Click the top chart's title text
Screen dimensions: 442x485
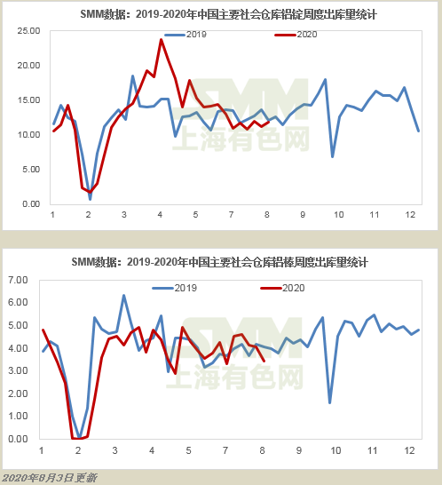228,14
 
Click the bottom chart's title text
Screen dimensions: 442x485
220,262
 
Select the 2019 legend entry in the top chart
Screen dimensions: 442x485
185,35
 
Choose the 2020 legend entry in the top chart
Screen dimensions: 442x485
296,35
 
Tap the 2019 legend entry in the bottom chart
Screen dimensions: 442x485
175,288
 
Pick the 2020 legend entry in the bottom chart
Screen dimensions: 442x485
282,288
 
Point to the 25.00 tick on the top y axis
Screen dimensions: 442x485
28,31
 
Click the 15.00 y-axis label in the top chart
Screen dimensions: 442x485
28,100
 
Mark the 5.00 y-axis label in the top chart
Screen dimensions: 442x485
31,170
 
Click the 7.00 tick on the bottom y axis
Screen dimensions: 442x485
18,280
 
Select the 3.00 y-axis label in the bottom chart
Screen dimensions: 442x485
18,370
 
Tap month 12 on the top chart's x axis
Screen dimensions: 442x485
410,215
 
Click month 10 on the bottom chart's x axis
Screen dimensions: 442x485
335,450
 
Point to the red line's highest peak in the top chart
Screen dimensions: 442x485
161,39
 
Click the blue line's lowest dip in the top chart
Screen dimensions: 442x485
90,199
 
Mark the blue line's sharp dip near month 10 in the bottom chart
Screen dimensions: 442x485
330,402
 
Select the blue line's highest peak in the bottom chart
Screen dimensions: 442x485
123,296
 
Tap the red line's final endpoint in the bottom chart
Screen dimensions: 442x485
264,361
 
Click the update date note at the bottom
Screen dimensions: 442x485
50,478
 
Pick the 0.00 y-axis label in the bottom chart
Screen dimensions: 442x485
18,439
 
